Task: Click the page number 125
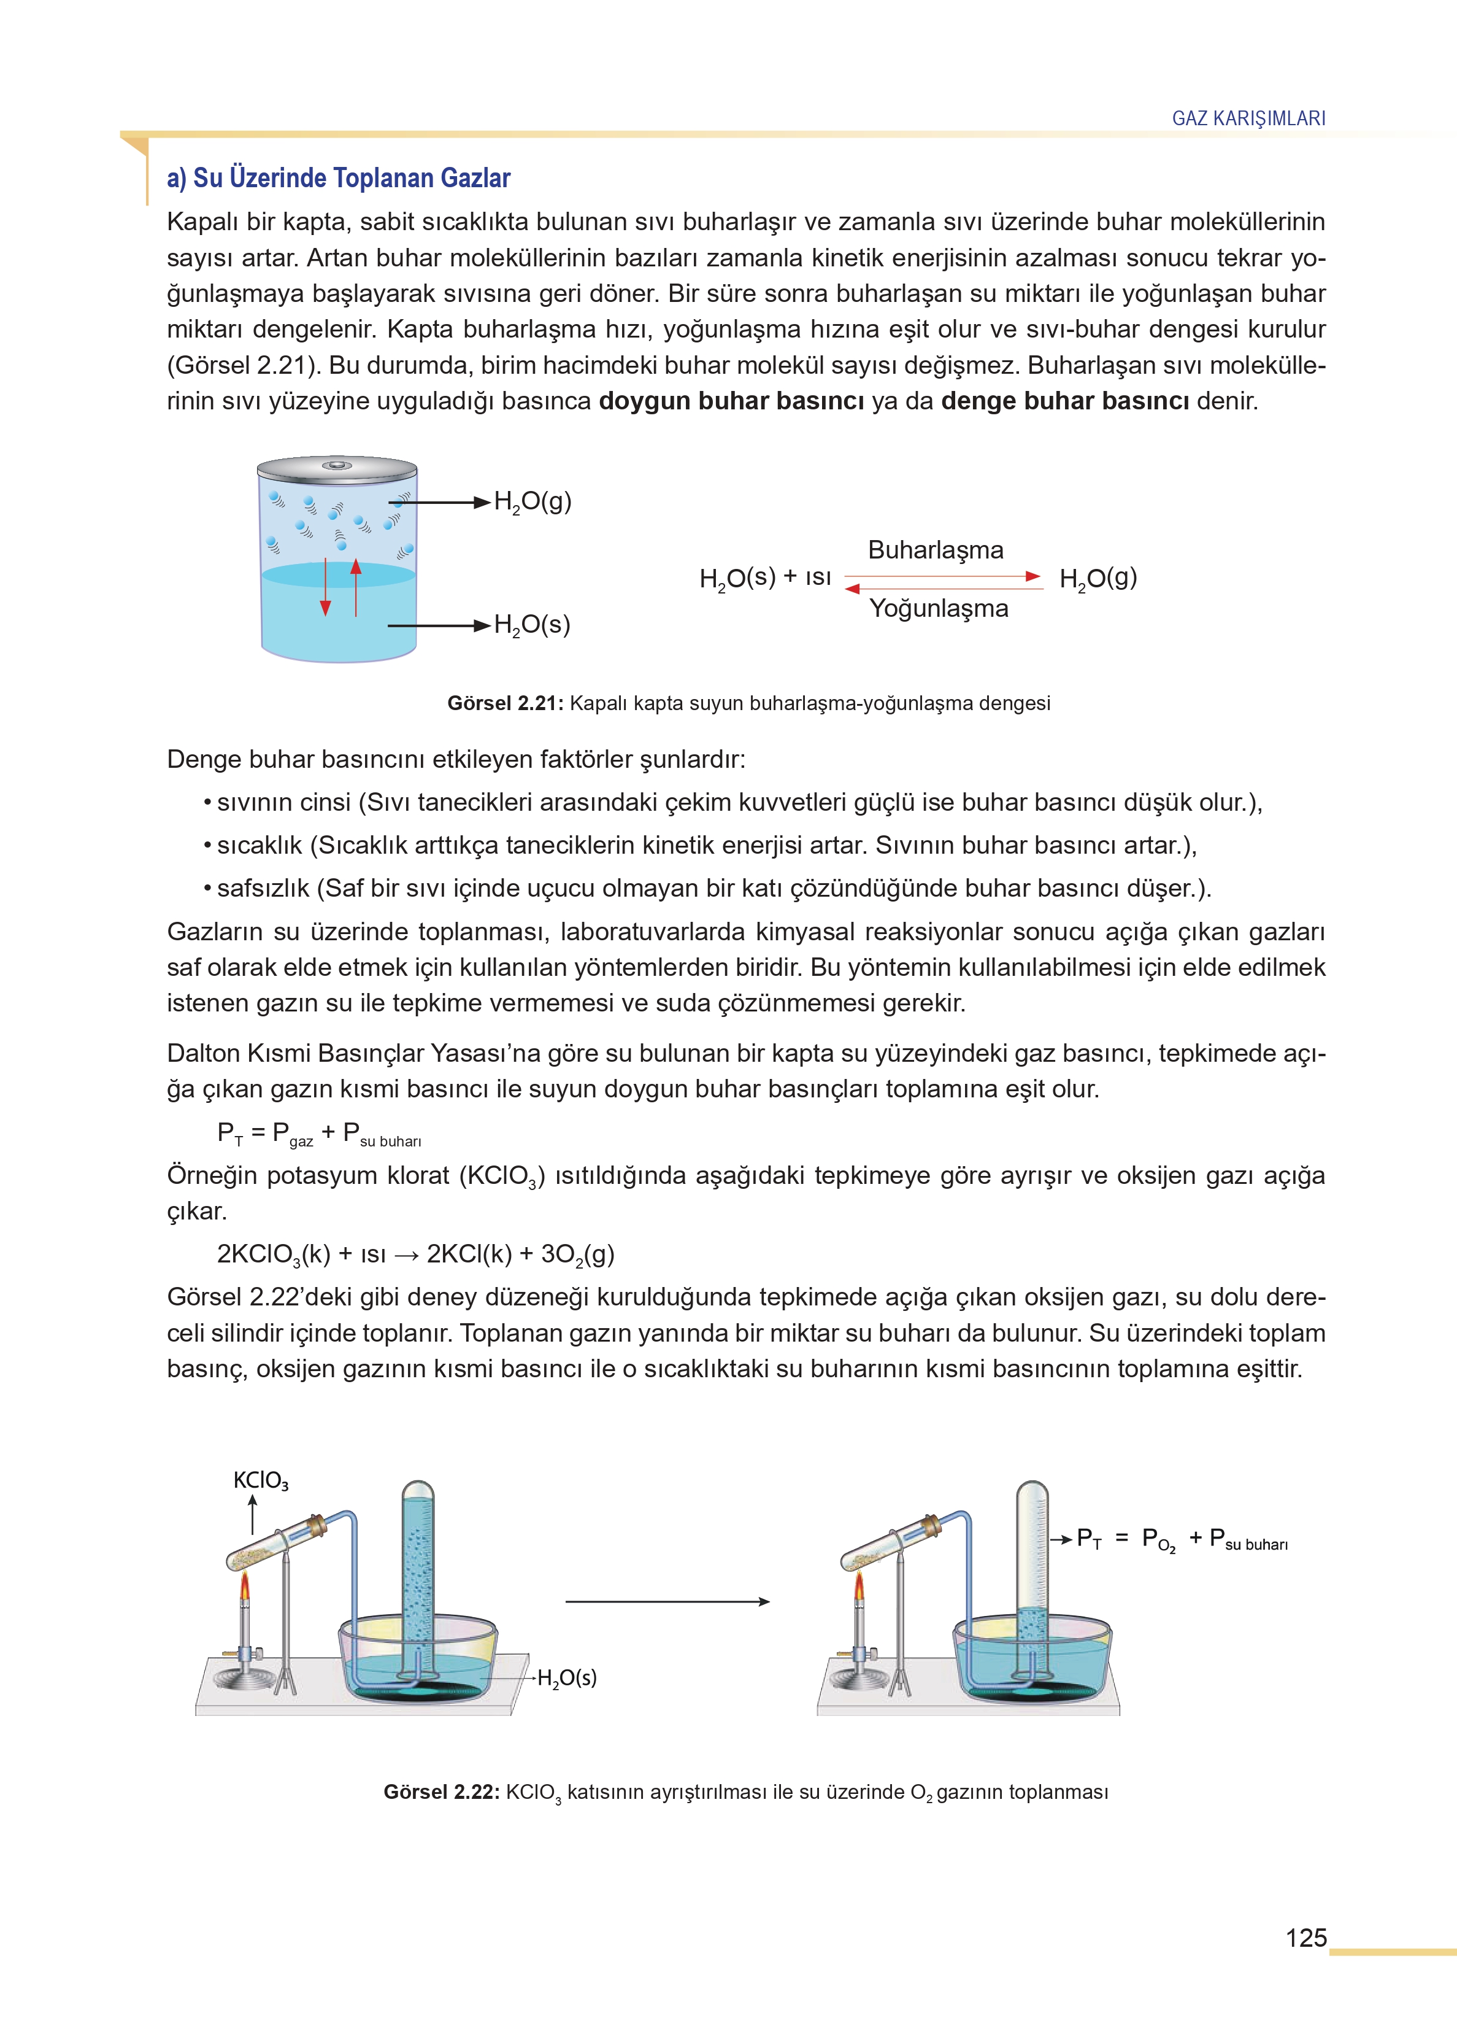pyautogui.click(x=1305, y=1938)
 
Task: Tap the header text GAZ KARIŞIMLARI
pyautogui.click(x=1248, y=118)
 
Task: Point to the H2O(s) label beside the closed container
pyautogui.click(x=532, y=625)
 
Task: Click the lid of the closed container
pyautogui.click(x=337, y=468)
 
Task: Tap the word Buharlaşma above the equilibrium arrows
pyautogui.click(x=935, y=550)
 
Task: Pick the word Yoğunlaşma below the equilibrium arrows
pyautogui.click(x=939, y=608)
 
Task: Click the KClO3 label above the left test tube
pyautogui.click(x=260, y=1480)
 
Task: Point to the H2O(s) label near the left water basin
pyautogui.click(x=566, y=1677)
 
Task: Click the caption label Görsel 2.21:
pyautogui.click(x=505, y=703)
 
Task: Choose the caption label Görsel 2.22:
pyautogui.click(x=440, y=1792)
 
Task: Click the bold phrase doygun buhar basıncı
pyautogui.click(x=731, y=401)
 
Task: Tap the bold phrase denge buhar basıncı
pyautogui.click(x=1065, y=401)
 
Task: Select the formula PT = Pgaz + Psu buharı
pyautogui.click(x=318, y=1134)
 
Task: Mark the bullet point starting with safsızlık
pyautogui.click(x=709, y=888)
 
